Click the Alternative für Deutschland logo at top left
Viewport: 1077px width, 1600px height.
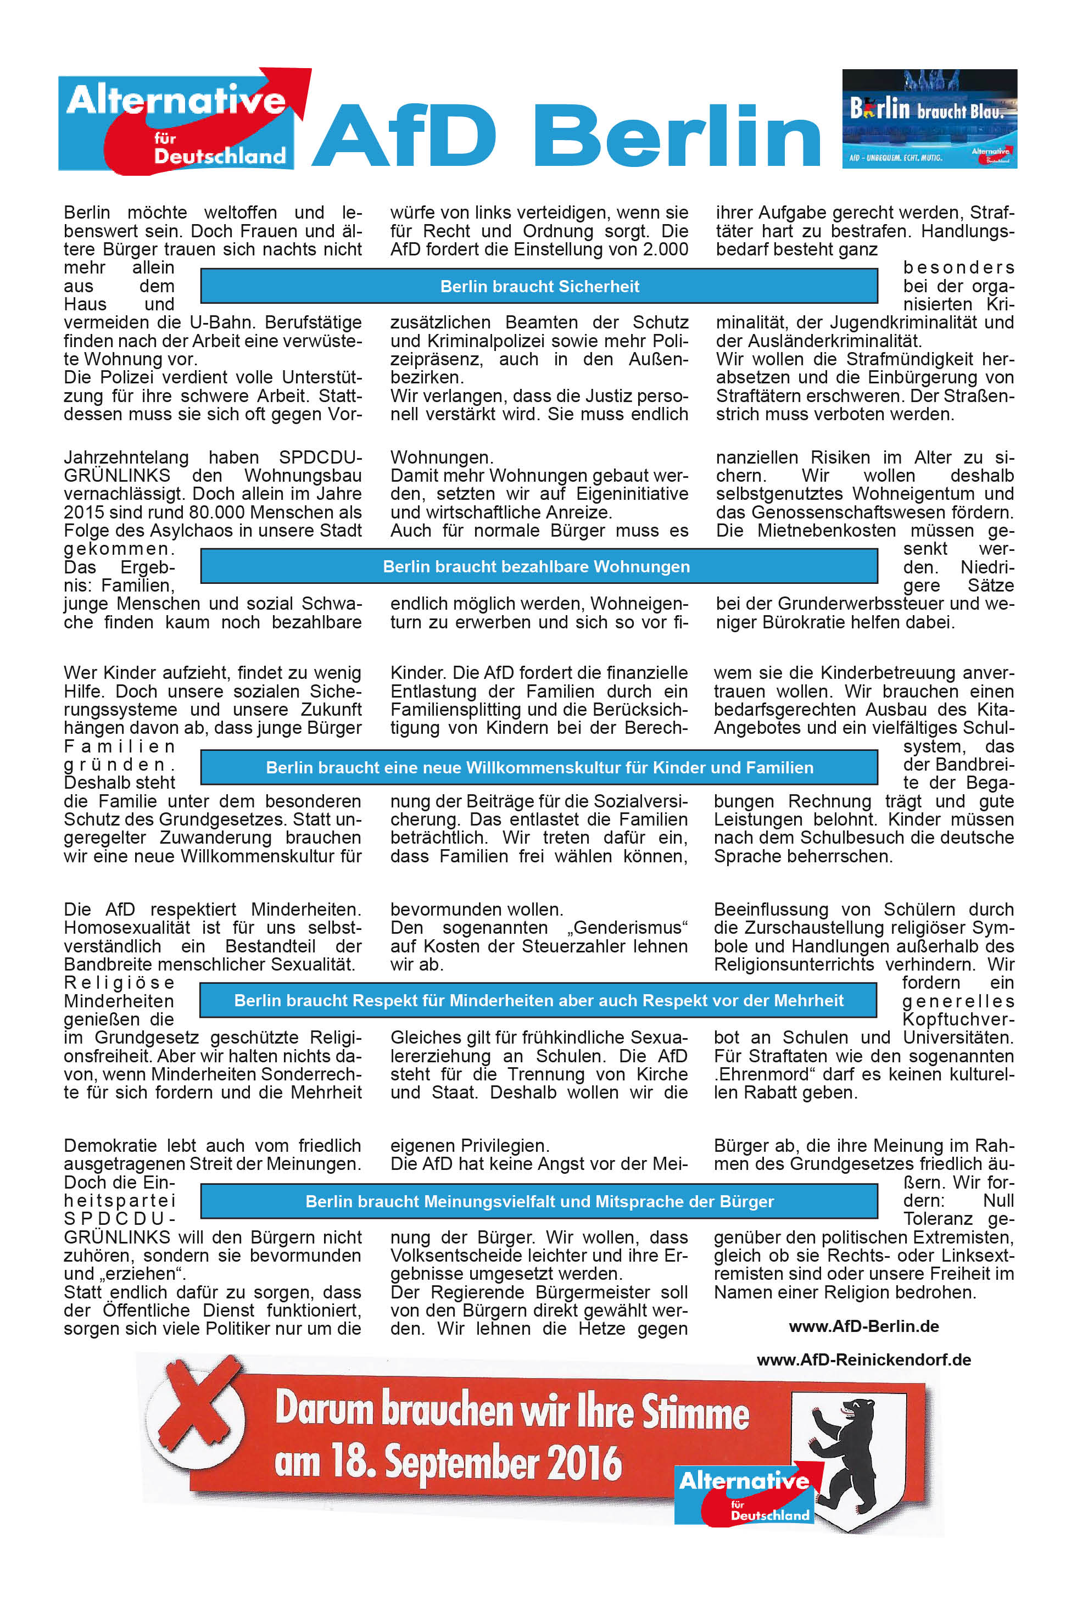coord(180,121)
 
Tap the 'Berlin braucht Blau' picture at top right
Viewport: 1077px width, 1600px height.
coord(929,118)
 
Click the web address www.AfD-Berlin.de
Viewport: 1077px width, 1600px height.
coord(863,1326)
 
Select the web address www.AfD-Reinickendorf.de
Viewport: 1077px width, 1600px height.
coord(863,1359)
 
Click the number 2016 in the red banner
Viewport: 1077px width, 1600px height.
coord(584,1464)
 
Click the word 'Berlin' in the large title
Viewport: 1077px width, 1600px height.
coord(677,135)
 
